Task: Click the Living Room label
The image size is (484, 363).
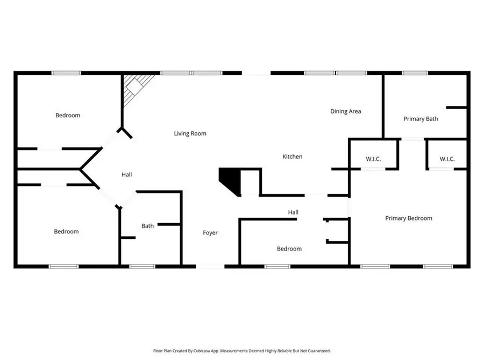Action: (x=190, y=133)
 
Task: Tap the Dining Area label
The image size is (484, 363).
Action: (x=345, y=111)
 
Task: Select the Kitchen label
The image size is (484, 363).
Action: (x=293, y=156)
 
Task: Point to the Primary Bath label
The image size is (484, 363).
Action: (x=421, y=119)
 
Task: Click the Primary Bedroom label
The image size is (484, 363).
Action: (x=409, y=218)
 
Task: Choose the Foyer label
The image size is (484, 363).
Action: (x=210, y=233)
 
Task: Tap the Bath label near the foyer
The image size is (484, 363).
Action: (x=147, y=226)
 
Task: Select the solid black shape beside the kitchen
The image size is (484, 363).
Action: (x=229, y=180)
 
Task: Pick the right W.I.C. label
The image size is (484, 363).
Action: (x=447, y=159)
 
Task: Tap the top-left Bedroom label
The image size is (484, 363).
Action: (x=68, y=115)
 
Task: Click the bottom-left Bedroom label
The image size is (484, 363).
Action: (x=66, y=231)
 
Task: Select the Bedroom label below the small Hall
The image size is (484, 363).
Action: (x=289, y=248)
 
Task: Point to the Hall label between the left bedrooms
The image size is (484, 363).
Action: (x=126, y=174)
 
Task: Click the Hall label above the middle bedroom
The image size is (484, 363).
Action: (x=293, y=212)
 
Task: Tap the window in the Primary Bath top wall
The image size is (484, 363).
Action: (x=412, y=73)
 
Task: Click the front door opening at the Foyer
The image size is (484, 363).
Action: (x=210, y=266)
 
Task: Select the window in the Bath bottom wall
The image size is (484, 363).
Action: (x=143, y=266)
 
